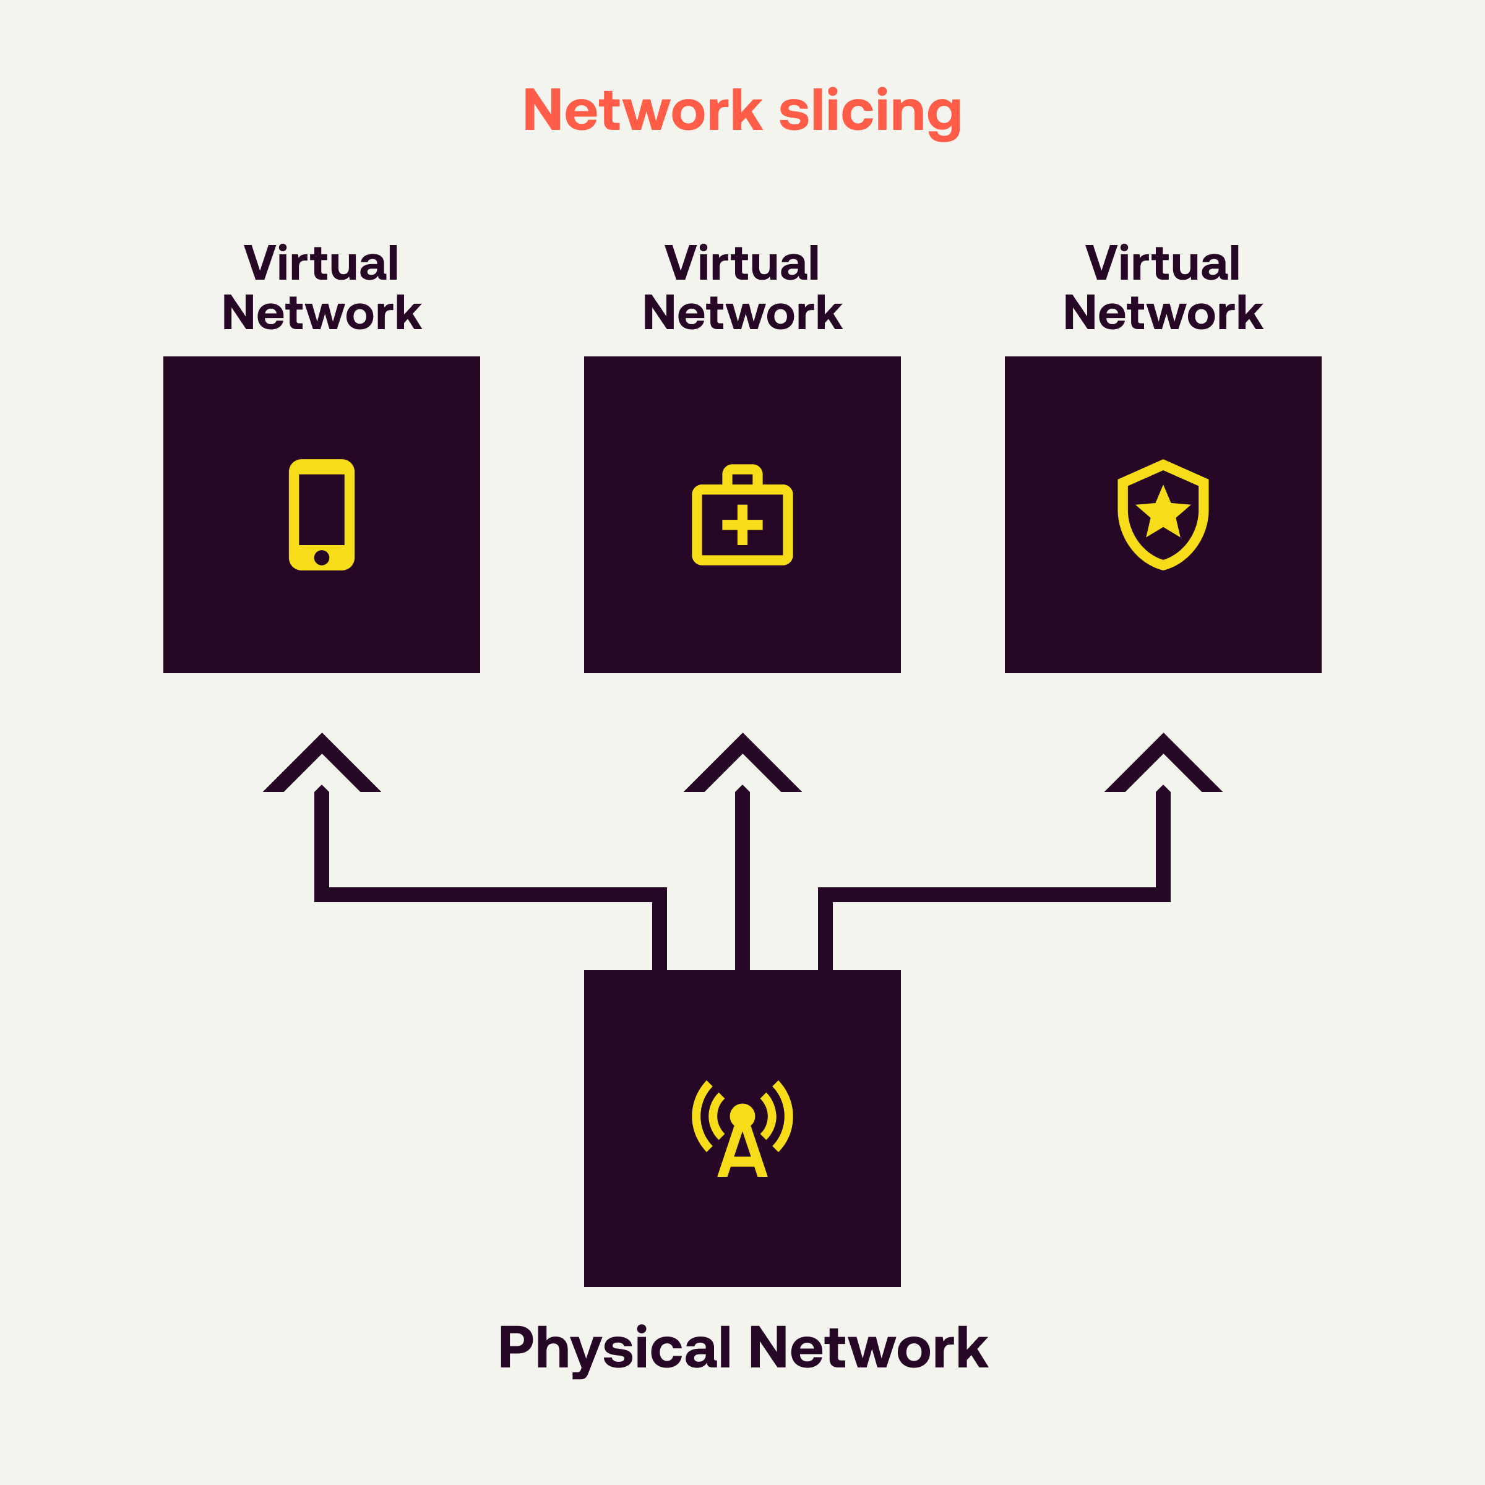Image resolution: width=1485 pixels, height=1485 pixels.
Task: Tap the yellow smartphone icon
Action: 321,514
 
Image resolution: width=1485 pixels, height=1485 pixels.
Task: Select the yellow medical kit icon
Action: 742,515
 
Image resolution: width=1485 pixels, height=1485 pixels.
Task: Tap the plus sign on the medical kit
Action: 742,525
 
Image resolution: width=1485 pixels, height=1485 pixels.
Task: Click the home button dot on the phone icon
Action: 321,557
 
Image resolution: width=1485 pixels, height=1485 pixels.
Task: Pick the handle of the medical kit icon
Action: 742,474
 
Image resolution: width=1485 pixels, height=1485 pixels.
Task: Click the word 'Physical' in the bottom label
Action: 614,1348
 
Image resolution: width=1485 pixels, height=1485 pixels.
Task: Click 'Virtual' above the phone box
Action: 321,263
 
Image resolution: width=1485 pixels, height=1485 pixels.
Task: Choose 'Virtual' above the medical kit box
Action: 742,263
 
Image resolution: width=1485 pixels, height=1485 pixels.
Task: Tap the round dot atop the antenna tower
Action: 742,1114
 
